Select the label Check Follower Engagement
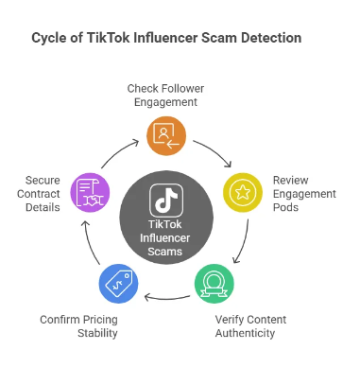165,95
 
